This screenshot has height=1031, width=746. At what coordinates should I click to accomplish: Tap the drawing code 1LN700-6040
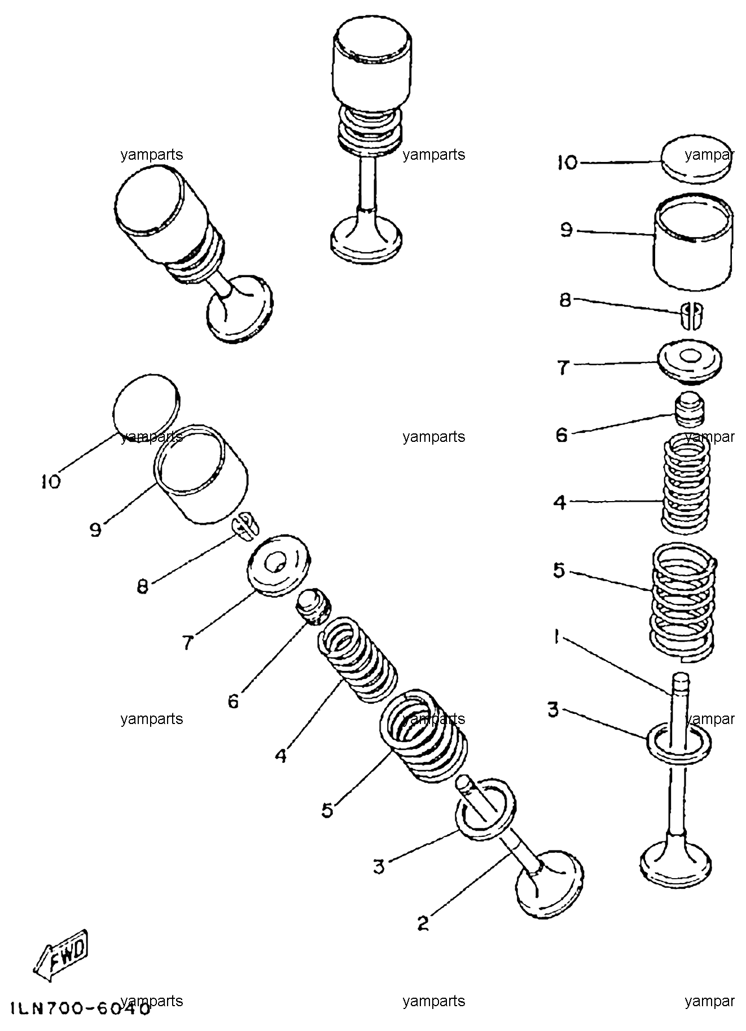click(x=80, y=1008)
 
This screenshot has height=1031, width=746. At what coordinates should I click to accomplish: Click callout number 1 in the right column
click(x=556, y=638)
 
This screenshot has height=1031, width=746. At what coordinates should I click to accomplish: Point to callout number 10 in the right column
click(x=568, y=163)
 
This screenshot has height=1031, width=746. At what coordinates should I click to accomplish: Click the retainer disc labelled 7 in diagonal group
click(x=279, y=563)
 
